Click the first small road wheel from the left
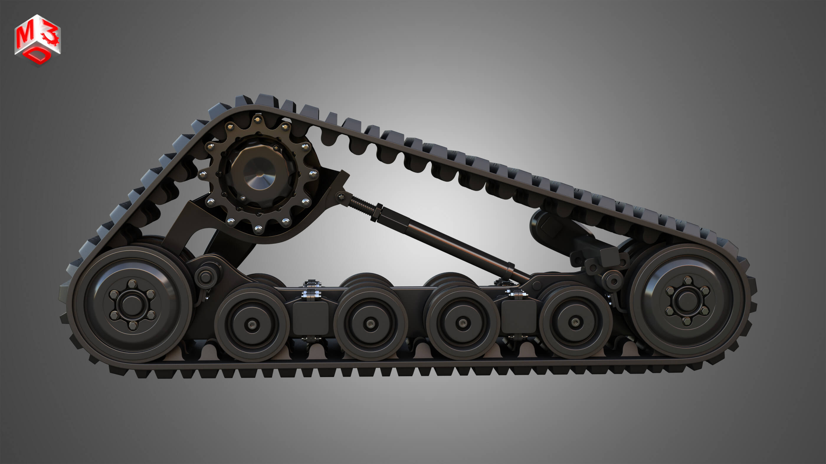(252, 324)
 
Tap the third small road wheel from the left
(462, 323)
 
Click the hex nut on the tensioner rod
(376, 212)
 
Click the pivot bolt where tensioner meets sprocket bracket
(340, 196)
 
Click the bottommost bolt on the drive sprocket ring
(258, 229)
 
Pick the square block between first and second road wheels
(310, 317)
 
